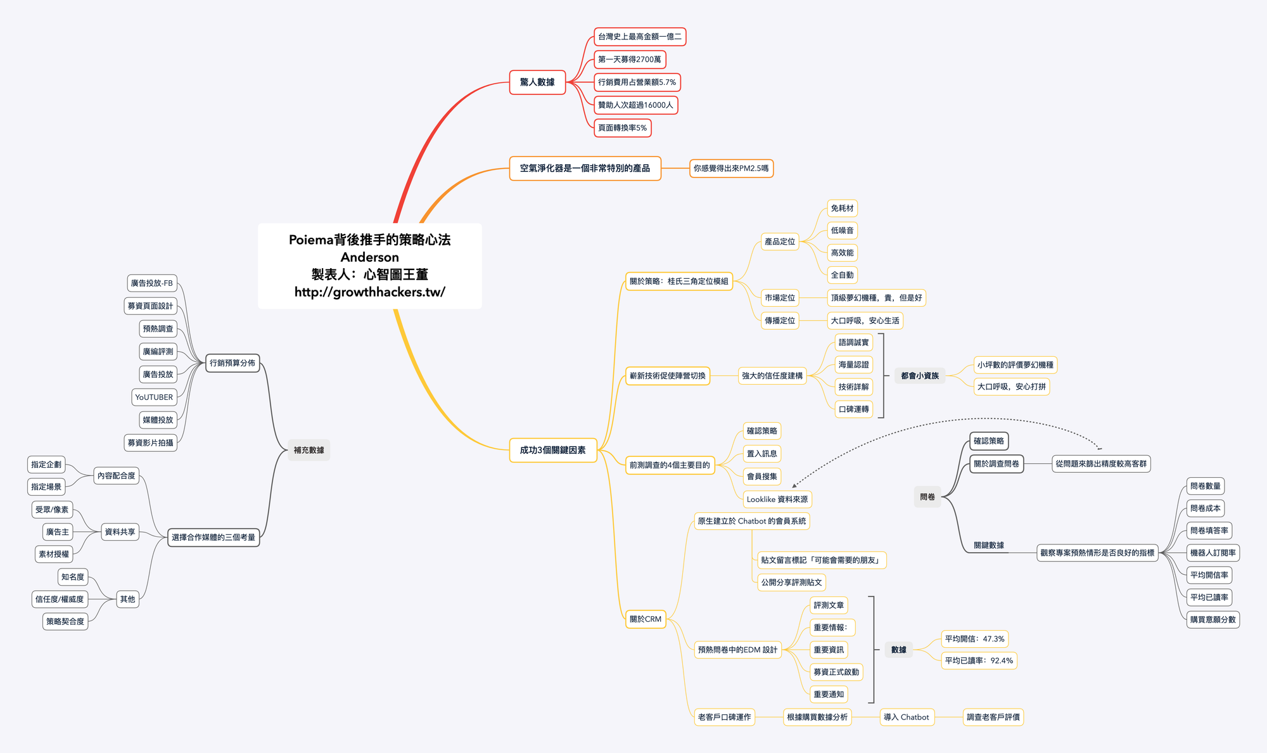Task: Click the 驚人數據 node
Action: tap(537, 82)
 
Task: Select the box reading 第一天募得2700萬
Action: tap(630, 60)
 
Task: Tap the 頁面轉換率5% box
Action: tap(623, 128)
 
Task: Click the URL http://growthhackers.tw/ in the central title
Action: tap(370, 292)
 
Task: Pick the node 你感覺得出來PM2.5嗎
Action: tap(731, 169)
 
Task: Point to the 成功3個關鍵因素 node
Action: tap(553, 450)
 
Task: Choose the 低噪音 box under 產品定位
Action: tap(843, 231)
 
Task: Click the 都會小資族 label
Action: tap(920, 376)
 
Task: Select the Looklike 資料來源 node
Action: tap(777, 499)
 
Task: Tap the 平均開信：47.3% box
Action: tap(975, 639)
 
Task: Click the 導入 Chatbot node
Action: tap(907, 718)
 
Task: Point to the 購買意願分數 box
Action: tap(1213, 620)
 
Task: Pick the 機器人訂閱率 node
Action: tap(1213, 553)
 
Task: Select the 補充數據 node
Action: tap(309, 450)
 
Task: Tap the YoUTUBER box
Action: tap(154, 397)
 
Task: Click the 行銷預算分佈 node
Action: tap(232, 363)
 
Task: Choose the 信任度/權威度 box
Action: tap(60, 599)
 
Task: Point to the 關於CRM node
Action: tap(646, 619)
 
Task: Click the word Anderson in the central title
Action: tap(370, 257)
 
